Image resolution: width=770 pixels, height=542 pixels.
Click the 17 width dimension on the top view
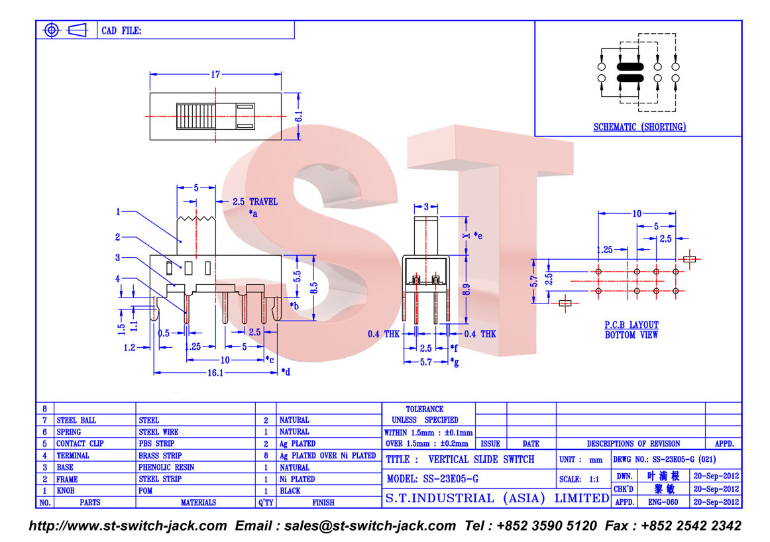[x=215, y=75]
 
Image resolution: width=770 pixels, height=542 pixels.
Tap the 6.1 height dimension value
[x=299, y=116]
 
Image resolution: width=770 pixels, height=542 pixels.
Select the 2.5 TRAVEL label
[x=255, y=202]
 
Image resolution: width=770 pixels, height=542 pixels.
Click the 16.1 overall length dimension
[x=215, y=373]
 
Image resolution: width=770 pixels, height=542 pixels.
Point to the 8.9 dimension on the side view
[x=467, y=290]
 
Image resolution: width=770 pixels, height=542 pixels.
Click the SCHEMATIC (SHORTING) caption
[x=639, y=127]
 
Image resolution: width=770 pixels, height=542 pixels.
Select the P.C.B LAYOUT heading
[x=632, y=325]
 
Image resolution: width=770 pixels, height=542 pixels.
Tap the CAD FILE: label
[x=121, y=31]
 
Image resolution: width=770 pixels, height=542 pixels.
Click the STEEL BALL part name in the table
[x=76, y=420]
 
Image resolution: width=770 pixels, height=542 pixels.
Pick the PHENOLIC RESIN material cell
[x=166, y=467]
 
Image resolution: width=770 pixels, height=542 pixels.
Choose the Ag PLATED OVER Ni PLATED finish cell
[x=327, y=456]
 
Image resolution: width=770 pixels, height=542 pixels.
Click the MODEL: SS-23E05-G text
[x=432, y=479]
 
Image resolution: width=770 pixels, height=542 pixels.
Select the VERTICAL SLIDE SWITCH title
[x=481, y=460]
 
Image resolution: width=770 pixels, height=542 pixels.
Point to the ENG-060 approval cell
[x=663, y=502]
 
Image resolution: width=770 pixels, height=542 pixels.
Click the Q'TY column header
[x=265, y=502]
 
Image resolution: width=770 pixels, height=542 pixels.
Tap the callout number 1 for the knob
[x=118, y=212]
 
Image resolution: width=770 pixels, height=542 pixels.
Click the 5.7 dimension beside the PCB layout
[x=534, y=282]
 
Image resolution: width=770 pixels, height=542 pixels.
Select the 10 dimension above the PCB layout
[x=637, y=213]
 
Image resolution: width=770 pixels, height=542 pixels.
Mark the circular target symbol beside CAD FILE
[x=52, y=30]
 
